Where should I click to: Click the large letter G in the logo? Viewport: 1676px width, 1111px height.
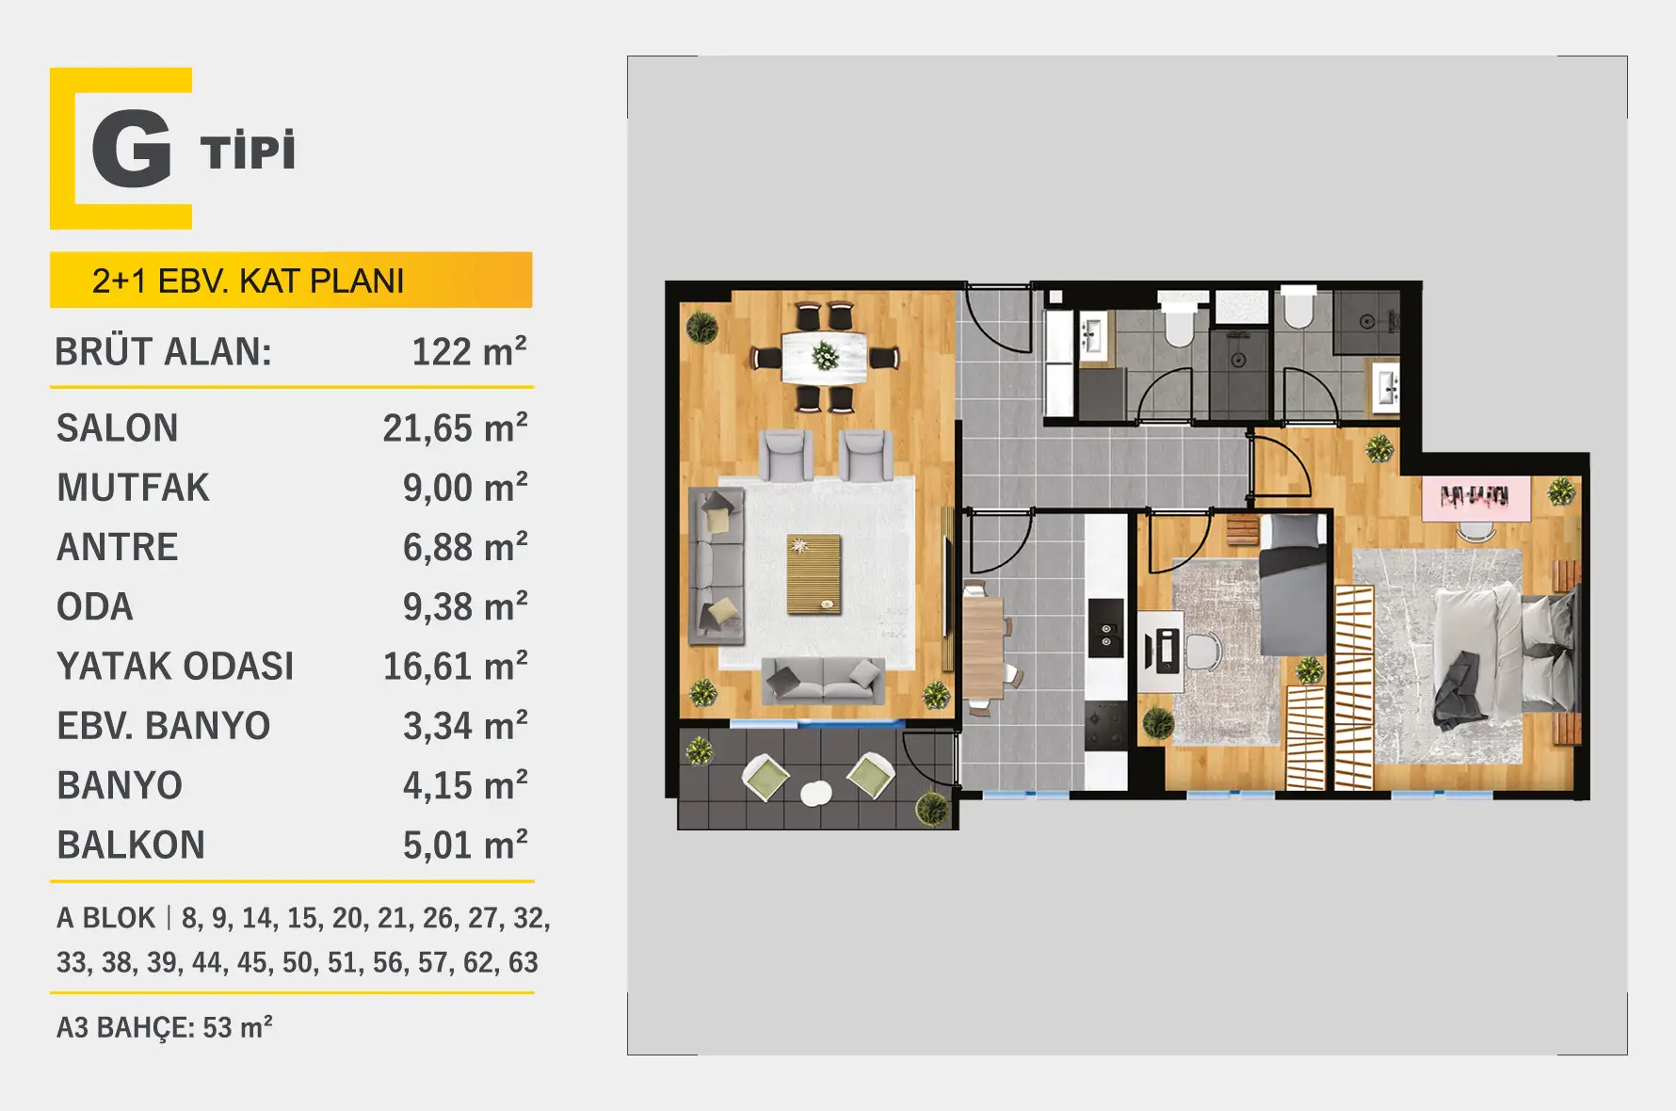point(132,149)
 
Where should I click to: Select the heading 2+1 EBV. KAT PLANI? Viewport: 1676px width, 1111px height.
point(248,281)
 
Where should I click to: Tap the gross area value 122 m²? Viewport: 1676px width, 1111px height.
point(469,351)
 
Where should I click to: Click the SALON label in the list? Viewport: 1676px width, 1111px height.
point(117,428)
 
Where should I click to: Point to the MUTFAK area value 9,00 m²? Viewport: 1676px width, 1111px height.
point(465,488)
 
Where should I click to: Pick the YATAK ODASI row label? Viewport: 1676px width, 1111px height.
point(175,667)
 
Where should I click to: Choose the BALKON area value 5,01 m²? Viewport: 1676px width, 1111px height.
point(465,845)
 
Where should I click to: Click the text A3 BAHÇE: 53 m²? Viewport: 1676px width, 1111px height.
point(165,1027)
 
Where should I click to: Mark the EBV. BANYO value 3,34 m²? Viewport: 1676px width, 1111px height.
point(465,726)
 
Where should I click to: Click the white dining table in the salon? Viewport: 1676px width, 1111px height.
point(825,356)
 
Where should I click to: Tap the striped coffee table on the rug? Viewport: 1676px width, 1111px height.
point(814,573)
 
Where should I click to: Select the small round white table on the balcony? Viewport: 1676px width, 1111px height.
point(815,794)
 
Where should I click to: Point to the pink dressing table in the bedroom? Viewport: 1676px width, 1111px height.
point(1475,499)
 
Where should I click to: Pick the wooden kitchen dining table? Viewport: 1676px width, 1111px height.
point(983,646)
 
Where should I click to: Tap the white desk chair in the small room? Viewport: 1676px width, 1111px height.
point(1202,651)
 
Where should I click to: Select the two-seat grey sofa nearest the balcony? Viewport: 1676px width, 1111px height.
point(823,680)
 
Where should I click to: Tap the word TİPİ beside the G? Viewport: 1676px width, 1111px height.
point(248,151)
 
